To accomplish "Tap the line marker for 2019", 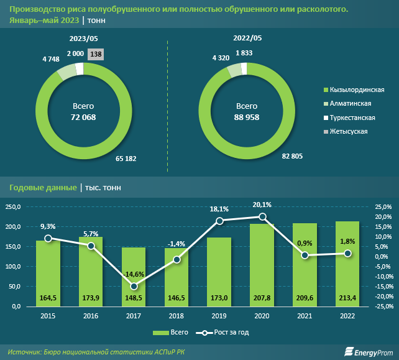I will [x=219, y=221].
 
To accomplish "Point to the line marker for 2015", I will [x=48, y=238].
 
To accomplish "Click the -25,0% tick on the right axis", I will [x=380, y=307].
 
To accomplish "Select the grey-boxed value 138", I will [x=96, y=55].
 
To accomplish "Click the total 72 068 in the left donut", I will [x=84, y=117].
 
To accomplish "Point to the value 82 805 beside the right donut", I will [x=291, y=156].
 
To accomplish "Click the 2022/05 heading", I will [x=247, y=39].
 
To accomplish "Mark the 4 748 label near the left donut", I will [x=51, y=58].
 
